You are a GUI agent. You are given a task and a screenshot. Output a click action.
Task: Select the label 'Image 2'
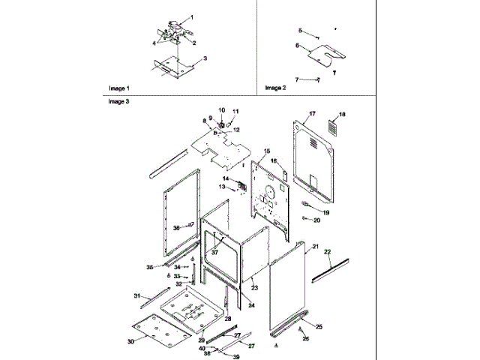[275, 88]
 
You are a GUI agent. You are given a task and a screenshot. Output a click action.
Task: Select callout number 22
[327, 252]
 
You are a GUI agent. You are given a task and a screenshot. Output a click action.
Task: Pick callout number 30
[130, 340]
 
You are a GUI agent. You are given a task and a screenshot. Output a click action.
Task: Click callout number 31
[136, 296]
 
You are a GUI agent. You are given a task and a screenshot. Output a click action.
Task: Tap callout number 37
[214, 252]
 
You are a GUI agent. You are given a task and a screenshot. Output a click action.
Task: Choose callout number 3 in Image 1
[205, 58]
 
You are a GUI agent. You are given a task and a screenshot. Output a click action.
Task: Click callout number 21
[316, 247]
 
